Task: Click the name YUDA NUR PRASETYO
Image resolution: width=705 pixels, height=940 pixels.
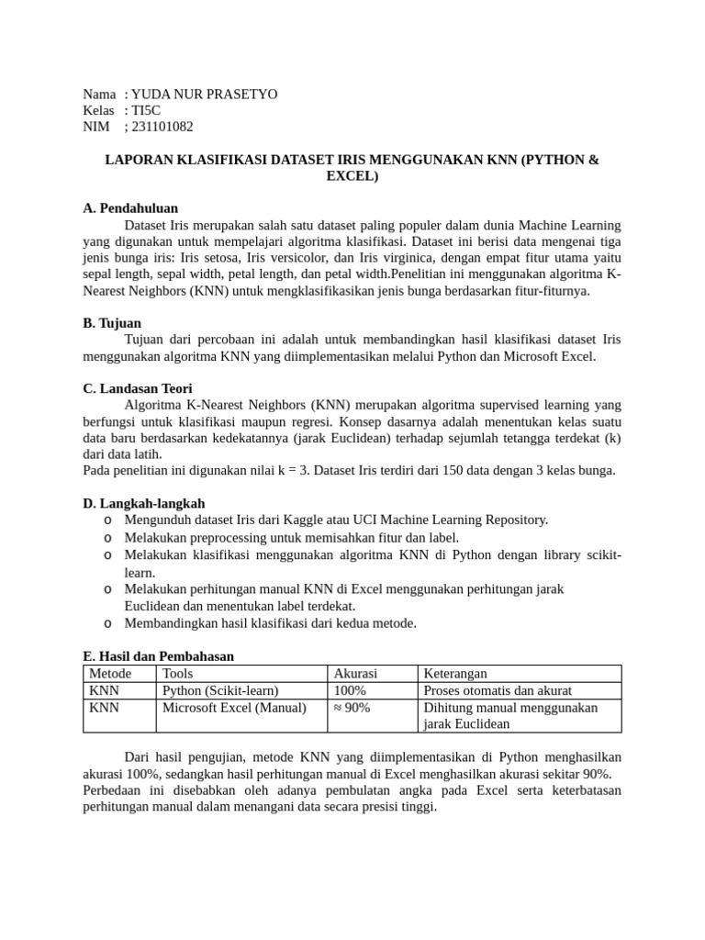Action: [x=204, y=95]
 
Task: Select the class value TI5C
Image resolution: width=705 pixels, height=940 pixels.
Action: [x=146, y=110]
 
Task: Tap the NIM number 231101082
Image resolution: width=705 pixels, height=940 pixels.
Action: [x=162, y=127]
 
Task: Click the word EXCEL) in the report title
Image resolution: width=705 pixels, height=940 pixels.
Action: [x=352, y=175]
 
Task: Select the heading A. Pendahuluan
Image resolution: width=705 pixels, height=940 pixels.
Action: [x=130, y=208]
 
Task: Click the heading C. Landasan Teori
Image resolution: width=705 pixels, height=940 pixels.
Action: [x=138, y=388]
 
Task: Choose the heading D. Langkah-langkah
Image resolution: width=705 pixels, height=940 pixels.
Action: [x=144, y=503]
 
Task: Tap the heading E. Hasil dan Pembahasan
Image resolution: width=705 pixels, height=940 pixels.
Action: [x=159, y=656]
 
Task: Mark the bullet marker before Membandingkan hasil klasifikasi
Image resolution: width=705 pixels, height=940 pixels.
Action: [x=108, y=623]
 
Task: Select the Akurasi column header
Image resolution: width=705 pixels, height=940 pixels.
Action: [x=355, y=674]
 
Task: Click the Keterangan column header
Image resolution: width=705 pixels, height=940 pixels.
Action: [x=455, y=674]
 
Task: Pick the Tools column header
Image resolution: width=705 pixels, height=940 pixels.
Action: [x=178, y=674]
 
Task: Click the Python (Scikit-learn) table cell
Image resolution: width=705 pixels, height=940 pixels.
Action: [x=220, y=690]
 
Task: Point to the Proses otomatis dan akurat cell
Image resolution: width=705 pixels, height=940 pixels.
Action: [x=498, y=690]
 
